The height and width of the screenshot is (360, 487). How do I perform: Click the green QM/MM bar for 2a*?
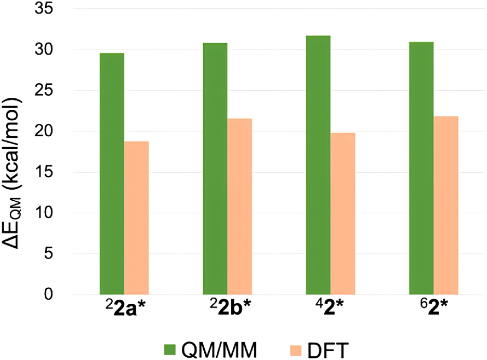[x=111, y=174]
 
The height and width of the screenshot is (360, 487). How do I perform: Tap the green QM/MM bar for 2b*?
[x=215, y=169]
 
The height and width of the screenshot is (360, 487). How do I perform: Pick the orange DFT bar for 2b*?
[x=240, y=207]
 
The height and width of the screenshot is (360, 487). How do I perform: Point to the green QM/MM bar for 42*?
[x=318, y=165]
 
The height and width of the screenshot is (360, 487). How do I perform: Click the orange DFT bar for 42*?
[x=343, y=213]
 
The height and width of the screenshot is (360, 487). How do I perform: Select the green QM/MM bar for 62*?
[x=421, y=168]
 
